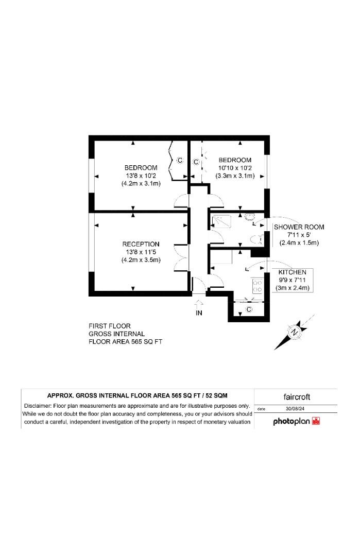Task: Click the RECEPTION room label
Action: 141,244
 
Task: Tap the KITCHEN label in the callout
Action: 293,272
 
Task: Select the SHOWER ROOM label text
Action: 299,227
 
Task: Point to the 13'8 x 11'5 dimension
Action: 141,252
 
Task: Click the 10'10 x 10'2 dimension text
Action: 235,168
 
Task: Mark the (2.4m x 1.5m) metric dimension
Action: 299,242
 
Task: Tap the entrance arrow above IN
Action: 199,303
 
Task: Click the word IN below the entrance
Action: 199,313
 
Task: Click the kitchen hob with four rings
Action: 256,287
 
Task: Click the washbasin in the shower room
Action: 250,216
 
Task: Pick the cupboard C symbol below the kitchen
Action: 248,309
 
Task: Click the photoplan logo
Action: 296,421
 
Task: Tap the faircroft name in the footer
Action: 297,397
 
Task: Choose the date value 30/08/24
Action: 296,409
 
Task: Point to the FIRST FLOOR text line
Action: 110,326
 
